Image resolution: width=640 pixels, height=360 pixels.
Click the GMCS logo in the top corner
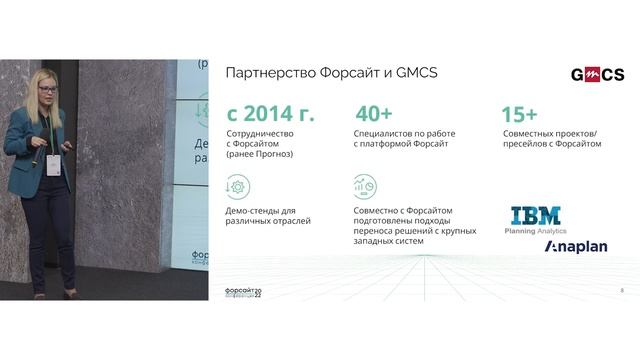click(597, 74)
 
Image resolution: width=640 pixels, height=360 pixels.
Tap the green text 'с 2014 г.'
click(270, 113)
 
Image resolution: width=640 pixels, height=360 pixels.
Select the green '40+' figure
click(375, 113)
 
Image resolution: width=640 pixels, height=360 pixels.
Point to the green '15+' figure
click(520, 113)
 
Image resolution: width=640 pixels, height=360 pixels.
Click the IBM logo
click(535, 216)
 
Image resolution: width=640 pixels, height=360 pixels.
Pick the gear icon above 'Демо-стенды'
click(238, 187)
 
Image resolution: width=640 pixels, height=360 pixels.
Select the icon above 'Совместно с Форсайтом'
click(364, 187)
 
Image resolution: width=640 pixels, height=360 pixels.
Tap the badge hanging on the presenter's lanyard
click(53, 163)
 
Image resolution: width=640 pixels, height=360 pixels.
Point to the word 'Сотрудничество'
click(261, 134)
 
